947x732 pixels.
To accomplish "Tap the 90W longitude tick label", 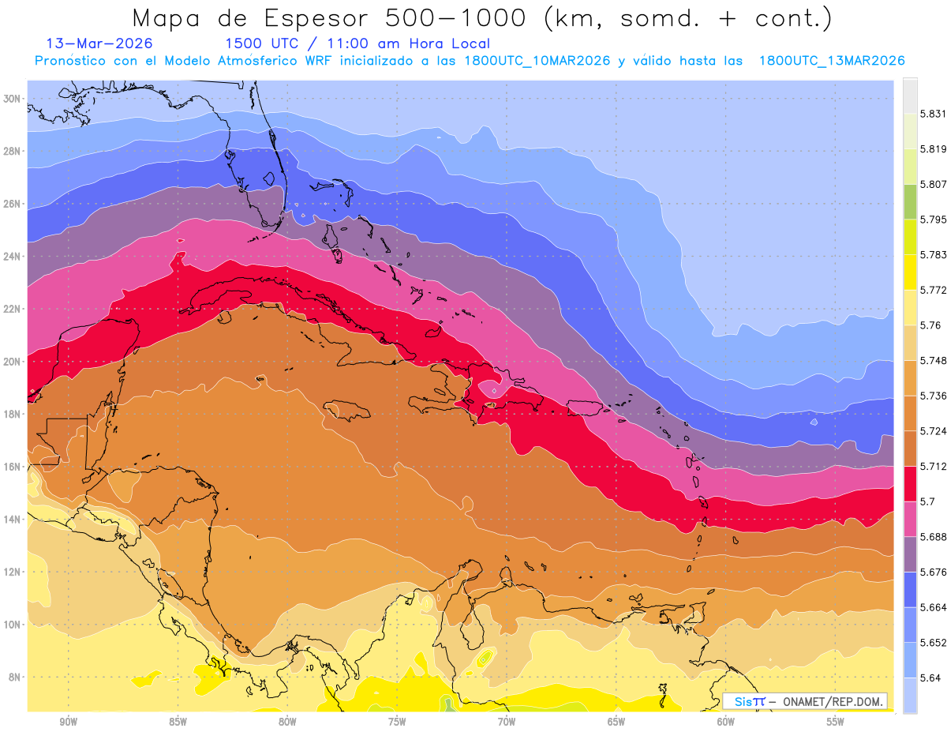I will pos(68,722).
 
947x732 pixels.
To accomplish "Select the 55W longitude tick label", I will pos(836,722).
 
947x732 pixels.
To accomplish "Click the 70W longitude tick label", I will pos(507,722).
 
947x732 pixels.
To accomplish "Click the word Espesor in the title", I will pos(342,17).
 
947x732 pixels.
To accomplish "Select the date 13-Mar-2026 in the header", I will pos(99,43).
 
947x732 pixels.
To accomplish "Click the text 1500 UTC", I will pos(256,43).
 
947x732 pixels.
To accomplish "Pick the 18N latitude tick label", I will pos(13,414).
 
